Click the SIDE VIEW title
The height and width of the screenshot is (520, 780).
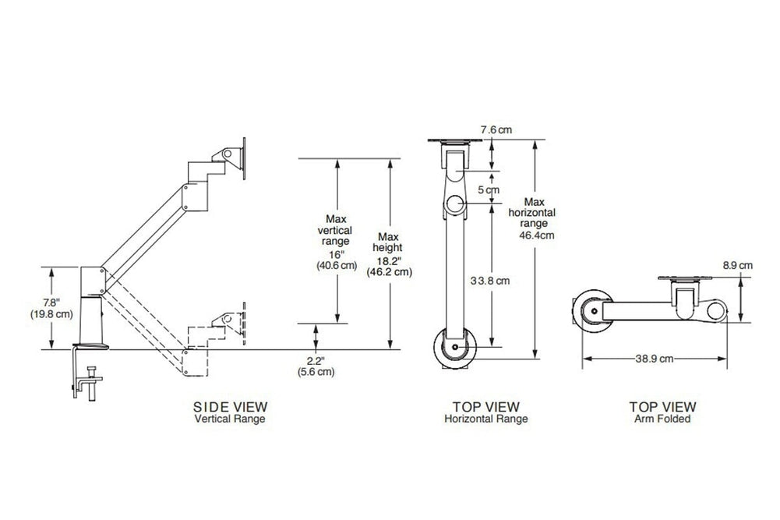[x=230, y=406]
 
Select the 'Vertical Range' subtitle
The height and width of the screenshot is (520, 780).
[x=230, y=419]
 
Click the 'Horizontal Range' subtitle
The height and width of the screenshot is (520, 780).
[x=486, y=419]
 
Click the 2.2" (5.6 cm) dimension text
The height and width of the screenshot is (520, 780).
[x=316, y=366]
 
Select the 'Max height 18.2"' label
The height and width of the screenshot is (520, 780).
[x=390, y=254]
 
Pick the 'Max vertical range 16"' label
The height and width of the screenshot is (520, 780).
[x=336, y=242]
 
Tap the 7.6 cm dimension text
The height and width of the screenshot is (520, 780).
[x=496, y=130]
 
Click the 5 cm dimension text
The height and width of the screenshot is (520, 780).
[x=489, y=189]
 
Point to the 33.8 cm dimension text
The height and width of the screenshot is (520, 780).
[x=490, y=281]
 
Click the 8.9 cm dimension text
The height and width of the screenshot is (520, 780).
[x=741, y=265]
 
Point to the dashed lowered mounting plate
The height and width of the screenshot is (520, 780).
[x=244, y=320]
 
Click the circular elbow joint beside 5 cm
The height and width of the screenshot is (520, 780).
[x=456, y=205]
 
